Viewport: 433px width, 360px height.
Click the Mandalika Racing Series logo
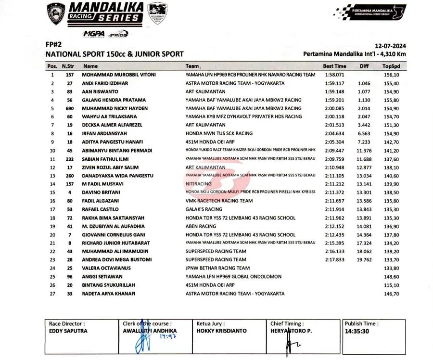tap(105, 13)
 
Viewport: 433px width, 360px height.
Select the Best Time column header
tap(334, 66)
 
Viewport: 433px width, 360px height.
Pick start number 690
tap(69, 108)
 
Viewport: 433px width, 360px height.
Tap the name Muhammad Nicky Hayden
tap(115, 108)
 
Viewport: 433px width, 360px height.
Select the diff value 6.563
tap(364, 133)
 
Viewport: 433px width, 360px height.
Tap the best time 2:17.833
tap(334, 260)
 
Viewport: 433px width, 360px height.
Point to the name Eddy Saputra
tap(68, 331)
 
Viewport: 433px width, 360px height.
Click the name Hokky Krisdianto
tap(221, 331)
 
